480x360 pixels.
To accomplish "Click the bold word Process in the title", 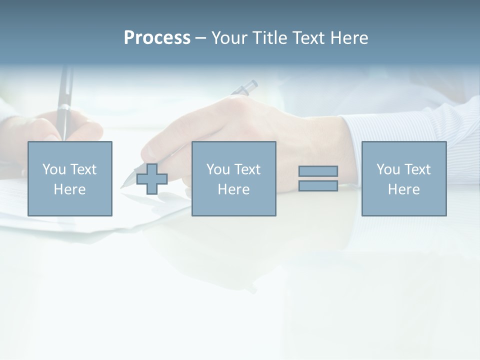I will coord(157,38).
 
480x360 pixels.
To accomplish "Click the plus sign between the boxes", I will coord(152,179).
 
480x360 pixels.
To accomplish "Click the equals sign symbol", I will coord(318,178).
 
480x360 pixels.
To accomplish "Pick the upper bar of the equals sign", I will coord(318,171).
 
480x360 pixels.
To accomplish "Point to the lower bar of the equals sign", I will coord(318,185).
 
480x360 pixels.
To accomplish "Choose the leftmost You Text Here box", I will coord(70,178).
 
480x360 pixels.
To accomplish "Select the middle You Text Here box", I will coord(233,178).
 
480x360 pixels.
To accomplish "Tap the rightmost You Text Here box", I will coord(404,178).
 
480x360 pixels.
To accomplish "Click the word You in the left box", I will coord(53,169).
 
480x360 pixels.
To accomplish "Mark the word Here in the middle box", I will coord(233,189).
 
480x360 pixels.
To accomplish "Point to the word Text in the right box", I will coord(417,169).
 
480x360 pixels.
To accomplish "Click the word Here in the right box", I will coord(404,189).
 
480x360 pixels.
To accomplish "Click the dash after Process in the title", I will coord(200,38).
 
